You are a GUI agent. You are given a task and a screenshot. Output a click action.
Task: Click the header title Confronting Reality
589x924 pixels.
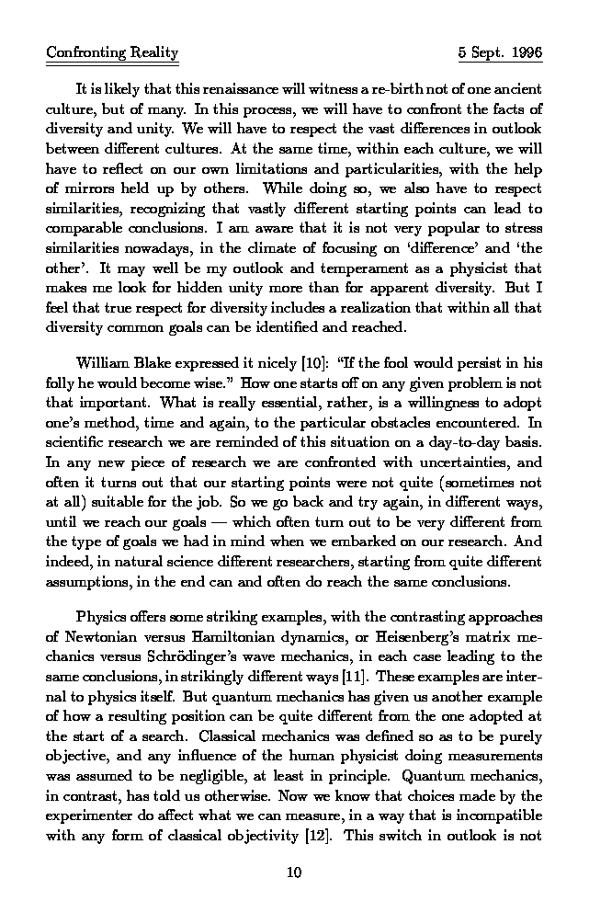(112, 53)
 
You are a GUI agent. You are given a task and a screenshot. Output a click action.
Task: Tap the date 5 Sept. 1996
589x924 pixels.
(500, 53)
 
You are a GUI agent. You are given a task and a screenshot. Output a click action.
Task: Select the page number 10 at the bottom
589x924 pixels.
(294, 873)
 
